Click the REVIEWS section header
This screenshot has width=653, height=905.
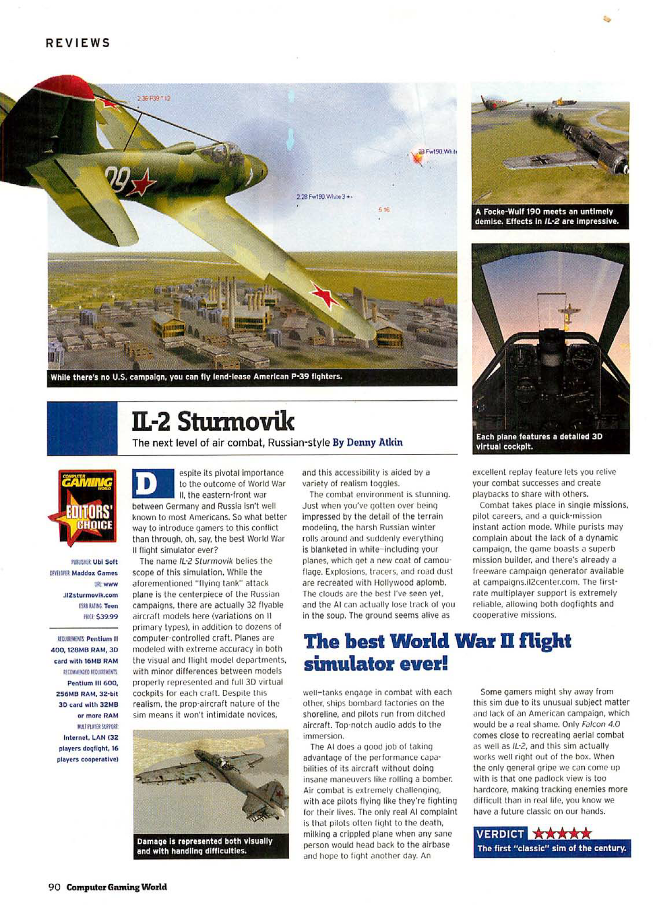[x=78, y=43]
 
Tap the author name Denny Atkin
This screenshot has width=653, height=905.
[x=367, y=442]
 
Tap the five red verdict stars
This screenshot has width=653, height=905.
[x=562, y=834]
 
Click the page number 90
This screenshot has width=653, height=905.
[x=54, y=887]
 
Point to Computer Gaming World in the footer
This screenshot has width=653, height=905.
[x=117, y=887]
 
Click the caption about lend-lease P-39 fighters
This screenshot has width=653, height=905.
[x=196, y=377]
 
